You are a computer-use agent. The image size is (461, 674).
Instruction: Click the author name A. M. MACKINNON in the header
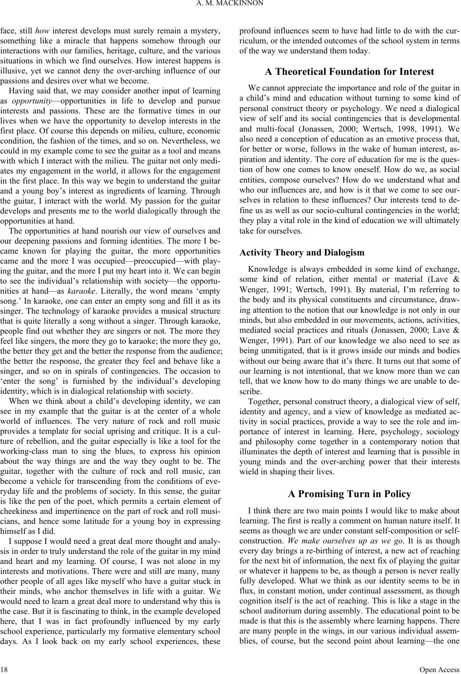(230, 6)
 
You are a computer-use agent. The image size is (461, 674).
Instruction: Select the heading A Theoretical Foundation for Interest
(349, 72)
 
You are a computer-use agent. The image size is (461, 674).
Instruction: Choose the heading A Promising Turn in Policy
(349, 494)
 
